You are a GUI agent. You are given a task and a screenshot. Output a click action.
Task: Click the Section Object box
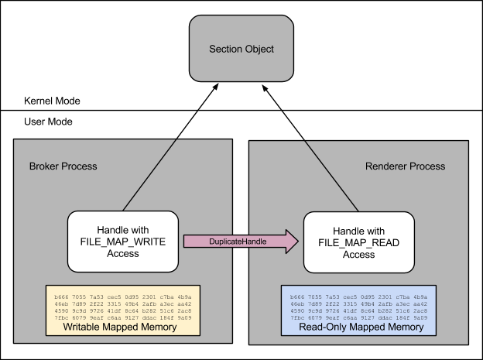pyautogui.click(x=241, y=48)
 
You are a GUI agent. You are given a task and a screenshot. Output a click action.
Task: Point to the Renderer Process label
pyautogui.click(x=405, y=166)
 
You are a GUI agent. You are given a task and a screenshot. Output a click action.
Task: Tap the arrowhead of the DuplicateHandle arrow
pyautogui.click(x=290, y=242)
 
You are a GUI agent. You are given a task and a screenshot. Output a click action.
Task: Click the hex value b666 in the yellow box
pyautogui.click(x=60, y=297)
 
